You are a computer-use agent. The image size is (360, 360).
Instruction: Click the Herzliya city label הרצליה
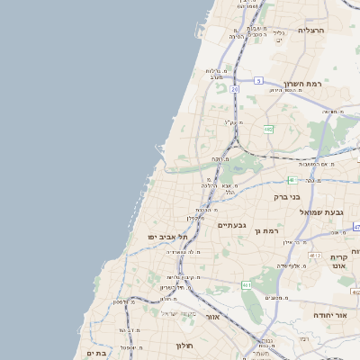[310, 31]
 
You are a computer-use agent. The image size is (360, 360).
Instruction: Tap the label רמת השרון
[302, 84]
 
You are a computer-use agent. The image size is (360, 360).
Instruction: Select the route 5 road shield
[258, 81]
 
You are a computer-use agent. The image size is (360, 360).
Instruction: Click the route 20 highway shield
[235, 89]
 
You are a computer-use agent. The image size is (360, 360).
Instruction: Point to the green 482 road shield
[268, 130]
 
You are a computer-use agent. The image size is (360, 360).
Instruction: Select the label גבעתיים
[232, 225]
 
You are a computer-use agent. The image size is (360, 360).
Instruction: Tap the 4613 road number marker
[314, 256]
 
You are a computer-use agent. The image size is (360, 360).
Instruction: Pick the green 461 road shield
[246, 285]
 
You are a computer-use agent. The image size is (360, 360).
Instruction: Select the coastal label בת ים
[95, 354]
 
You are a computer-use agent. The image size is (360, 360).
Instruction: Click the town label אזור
[212, 317]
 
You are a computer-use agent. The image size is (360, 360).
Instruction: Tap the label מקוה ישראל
[177, 313]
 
